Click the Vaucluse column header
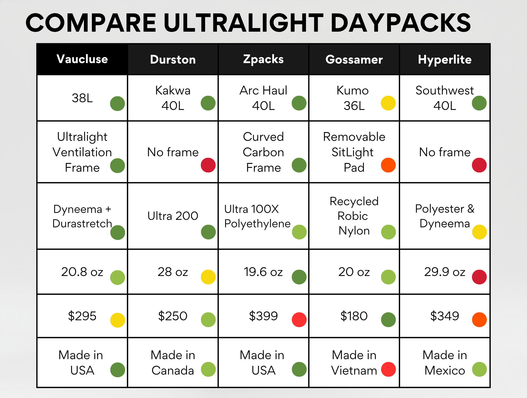82,59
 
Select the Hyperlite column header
445,59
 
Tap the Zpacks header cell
263,59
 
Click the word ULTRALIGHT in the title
243,23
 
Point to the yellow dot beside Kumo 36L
388,103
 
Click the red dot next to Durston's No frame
208,165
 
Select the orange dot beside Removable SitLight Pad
388,165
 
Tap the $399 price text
263,316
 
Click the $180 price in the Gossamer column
354,316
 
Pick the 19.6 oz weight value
263,272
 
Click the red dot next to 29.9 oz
479,277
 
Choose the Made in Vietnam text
354,363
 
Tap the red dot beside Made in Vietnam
388,369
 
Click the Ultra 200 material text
173,216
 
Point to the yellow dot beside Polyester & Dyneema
479,232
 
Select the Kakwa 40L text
173,98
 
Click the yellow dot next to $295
118,320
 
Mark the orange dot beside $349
479,319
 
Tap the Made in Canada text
173,363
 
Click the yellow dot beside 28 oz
208,277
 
